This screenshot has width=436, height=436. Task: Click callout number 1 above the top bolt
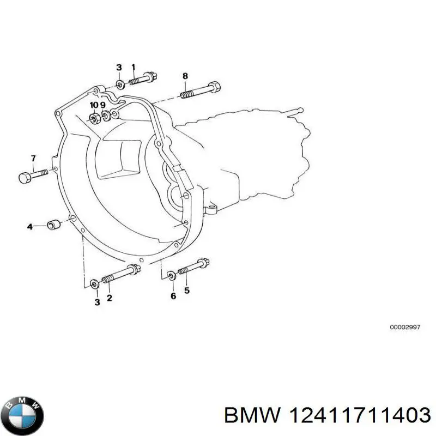point(134,67)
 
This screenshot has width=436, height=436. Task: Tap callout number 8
point(185,75)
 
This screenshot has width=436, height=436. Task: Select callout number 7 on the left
point(33,159)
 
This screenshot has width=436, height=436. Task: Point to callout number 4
point(30,226)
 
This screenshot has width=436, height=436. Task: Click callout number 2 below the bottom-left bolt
point(110,298)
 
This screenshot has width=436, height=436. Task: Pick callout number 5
point(186,290)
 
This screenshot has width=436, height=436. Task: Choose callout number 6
point(173,296)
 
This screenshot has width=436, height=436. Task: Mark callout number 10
point(94,105)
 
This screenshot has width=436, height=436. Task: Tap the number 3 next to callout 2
point(97,302)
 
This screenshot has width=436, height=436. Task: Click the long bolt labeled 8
point(202,90)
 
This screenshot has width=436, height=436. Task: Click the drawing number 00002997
point(404,328)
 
